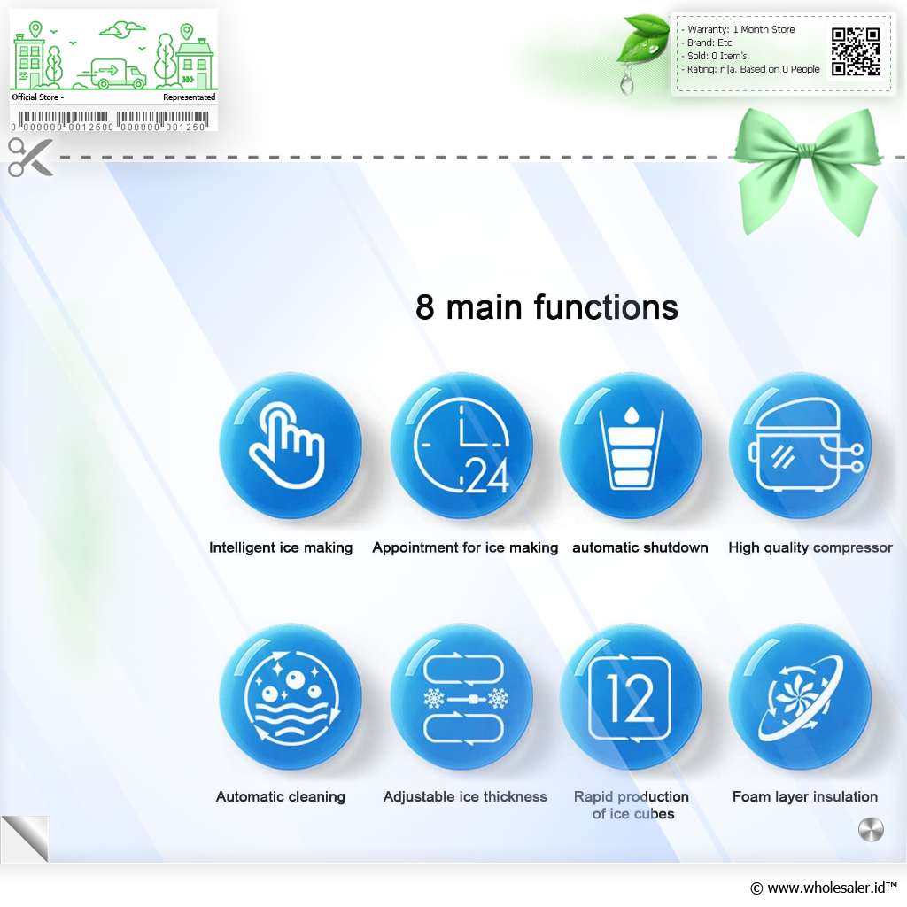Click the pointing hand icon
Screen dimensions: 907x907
coord(287,446)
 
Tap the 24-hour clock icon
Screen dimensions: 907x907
coord(461,446)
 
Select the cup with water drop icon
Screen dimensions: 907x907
coord(631,447)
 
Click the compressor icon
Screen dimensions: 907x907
coord(805,445)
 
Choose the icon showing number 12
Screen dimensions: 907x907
coord(630,698)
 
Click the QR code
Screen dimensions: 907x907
coord(856,52)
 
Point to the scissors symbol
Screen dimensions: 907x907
coord(30,157)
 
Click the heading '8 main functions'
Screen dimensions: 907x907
coord(547,307)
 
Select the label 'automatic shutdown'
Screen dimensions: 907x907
coord(640,547)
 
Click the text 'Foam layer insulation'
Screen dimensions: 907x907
coord(804,796)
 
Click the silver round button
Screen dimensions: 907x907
coord(871,830)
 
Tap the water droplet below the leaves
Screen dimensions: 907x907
coord(626,84)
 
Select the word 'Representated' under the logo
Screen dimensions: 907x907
coord(190,97)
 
